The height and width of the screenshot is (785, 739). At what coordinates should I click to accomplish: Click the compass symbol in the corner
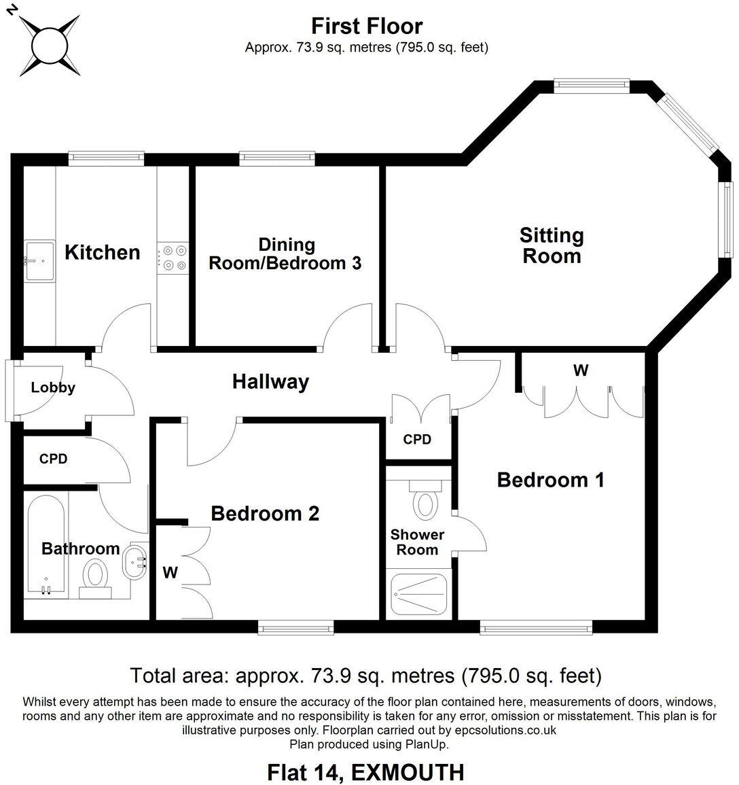tap(48, 41)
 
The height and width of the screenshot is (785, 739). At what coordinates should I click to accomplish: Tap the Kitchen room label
tap(102, 252)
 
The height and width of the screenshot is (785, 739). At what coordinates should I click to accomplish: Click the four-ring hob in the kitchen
tap(173, 258)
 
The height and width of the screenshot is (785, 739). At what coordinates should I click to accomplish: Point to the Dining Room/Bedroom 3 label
tap(285, 254)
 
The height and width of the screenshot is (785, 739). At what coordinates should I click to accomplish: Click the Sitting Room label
tap(551, 246)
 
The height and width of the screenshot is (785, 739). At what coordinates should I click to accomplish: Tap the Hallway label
tap(270, 382)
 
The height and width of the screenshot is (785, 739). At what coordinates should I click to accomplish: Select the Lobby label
tap(53, 388)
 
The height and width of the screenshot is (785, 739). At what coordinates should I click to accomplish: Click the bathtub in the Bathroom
tap(46, 544)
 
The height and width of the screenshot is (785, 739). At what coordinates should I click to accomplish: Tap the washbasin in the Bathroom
tap(136, 561)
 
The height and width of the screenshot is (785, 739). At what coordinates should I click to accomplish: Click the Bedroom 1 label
tap(550, 480)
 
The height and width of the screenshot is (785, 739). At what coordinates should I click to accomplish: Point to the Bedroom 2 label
tap(265, 513)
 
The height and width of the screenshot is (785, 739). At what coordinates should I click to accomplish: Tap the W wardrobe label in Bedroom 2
tap(170, 573)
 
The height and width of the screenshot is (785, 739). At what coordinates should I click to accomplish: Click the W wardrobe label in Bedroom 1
tap(580, 370)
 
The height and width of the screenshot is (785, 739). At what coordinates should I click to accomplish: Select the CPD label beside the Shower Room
tap(417, 439)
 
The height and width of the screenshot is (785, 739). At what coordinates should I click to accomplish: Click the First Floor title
tap(367, 26)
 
